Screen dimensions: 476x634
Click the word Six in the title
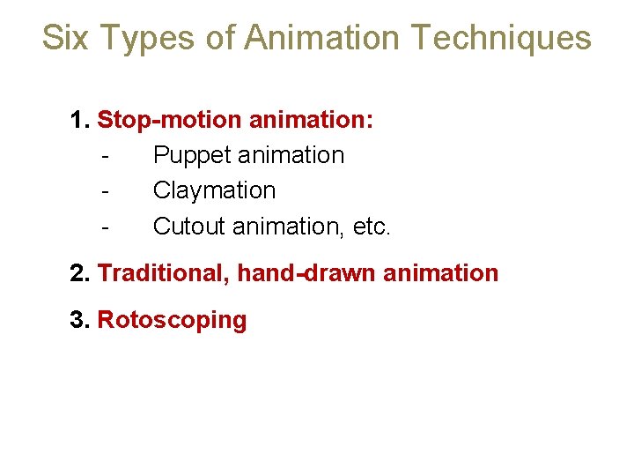(66, 38)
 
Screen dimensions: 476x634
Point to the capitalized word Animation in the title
(322, 38)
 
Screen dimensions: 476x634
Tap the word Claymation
(214, 190)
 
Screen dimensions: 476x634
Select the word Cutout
(189, 227)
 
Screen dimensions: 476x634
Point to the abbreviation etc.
(370, 227)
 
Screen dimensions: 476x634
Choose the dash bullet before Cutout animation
(105, 227)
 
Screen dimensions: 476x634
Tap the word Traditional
(164, 273)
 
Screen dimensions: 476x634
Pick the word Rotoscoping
(172, 320)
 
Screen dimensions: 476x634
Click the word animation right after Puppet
(291, 155)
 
